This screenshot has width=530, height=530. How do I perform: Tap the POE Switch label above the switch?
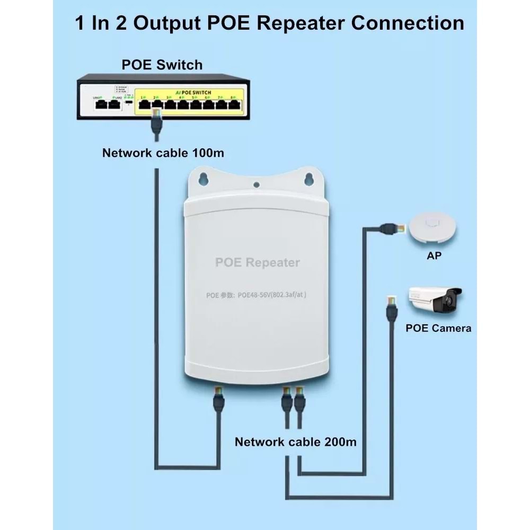(x=162, y=65)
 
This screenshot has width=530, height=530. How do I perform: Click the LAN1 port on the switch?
(x=100, y=104)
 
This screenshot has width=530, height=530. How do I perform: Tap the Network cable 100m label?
(x=163, y=153)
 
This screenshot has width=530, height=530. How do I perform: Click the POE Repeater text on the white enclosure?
(x=257, y=262)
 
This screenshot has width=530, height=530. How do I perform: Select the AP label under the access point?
(x=434, y=256)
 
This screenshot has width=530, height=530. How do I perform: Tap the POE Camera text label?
(x=438, y=328)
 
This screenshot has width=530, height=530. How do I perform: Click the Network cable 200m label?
(x=296, y=441)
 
